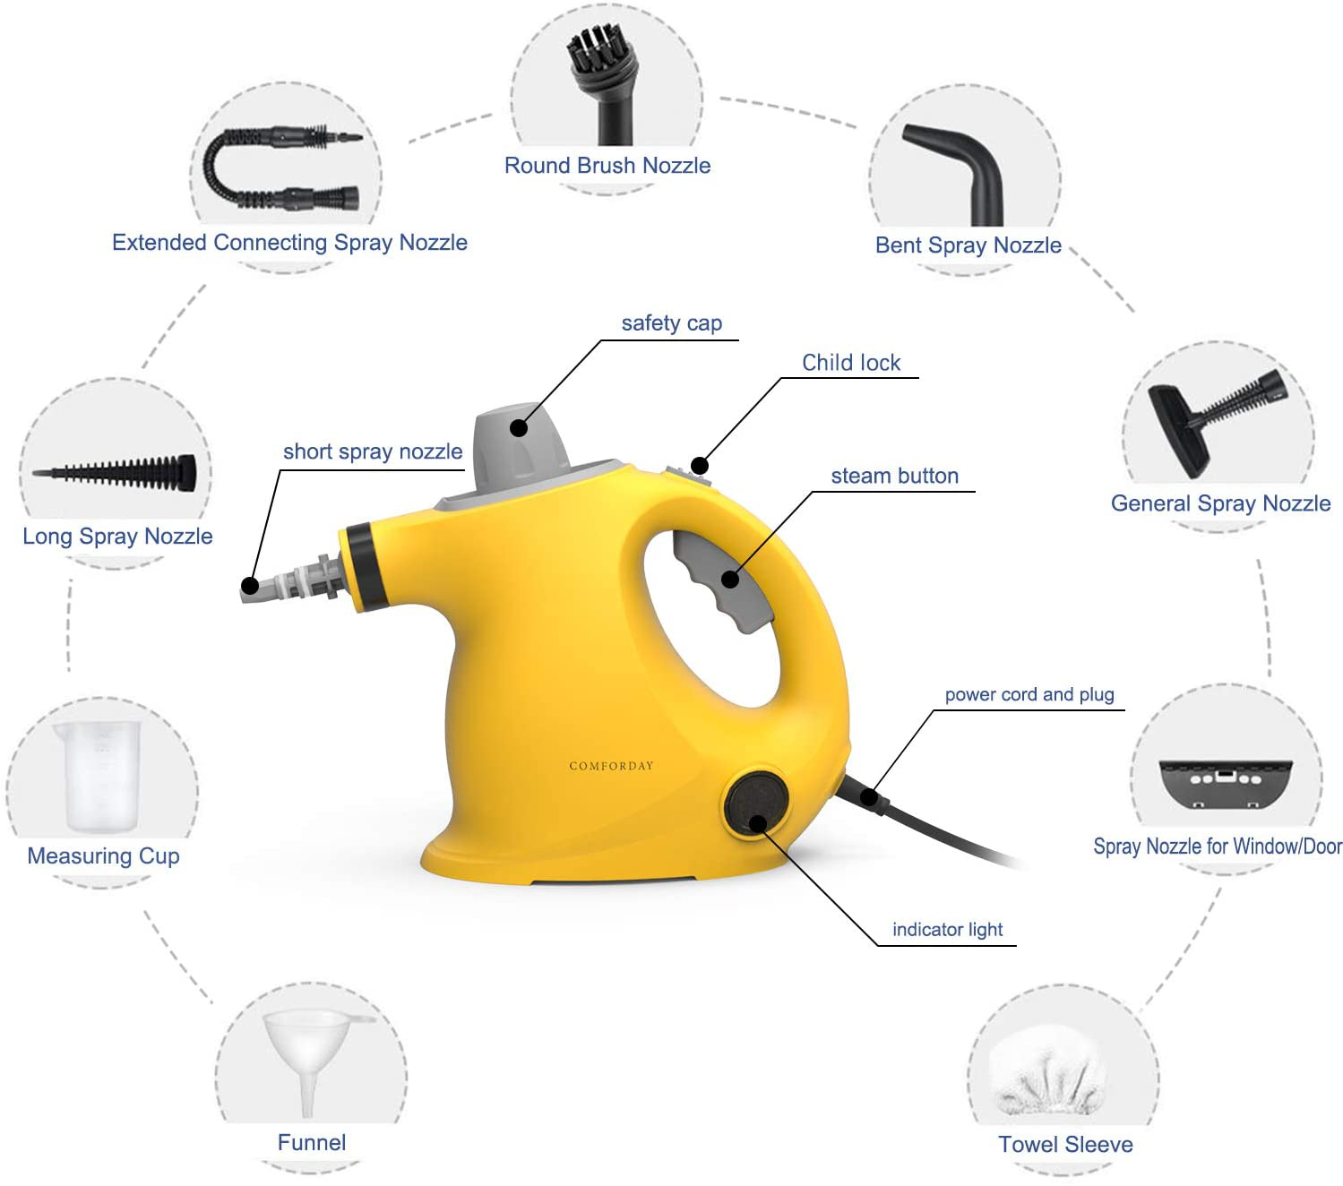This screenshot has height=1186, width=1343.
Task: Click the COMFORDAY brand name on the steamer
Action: (610, 766)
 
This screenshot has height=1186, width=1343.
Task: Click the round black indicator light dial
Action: (755, 804)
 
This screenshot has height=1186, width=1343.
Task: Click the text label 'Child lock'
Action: (850, 363)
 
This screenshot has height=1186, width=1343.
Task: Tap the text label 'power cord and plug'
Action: (1029, 695)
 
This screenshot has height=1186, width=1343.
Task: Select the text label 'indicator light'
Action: (947, 930)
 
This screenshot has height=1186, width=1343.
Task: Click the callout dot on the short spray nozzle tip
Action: (250, 586)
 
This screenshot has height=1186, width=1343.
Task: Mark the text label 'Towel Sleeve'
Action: (1065, 1144)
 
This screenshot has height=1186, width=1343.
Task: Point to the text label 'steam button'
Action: (894, 476)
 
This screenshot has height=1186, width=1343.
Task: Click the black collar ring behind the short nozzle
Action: (363, 565)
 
